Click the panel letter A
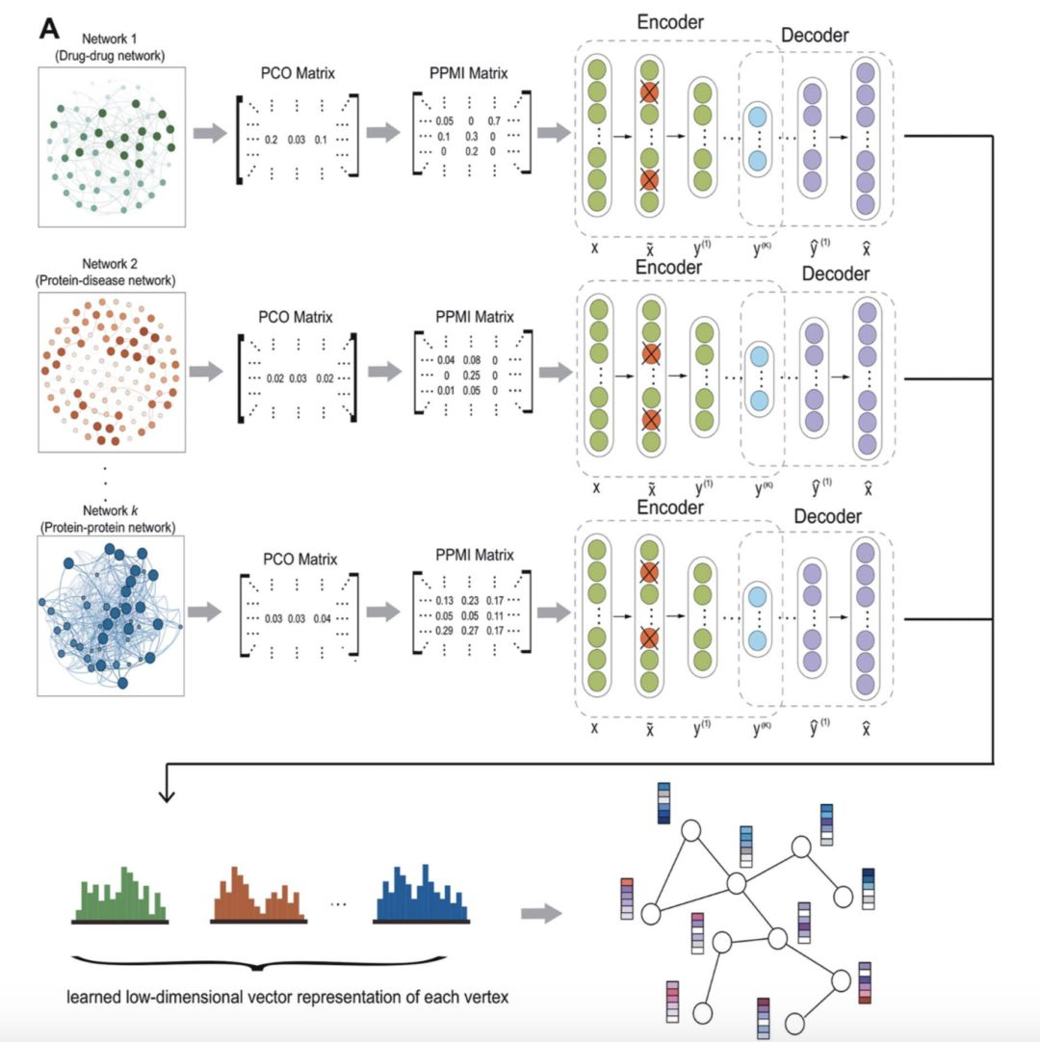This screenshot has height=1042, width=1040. click(50, 28)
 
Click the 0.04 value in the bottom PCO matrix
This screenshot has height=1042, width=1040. click(327, 617)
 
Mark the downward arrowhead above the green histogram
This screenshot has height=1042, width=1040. click(169, 795)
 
